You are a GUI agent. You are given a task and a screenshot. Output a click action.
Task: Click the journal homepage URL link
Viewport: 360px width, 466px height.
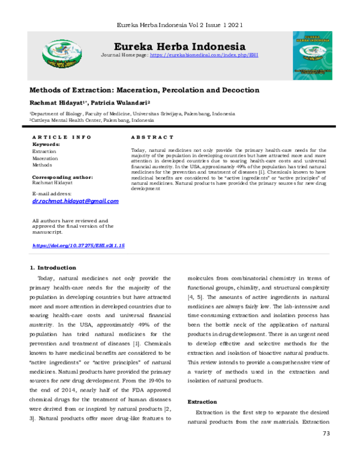coord(203,55)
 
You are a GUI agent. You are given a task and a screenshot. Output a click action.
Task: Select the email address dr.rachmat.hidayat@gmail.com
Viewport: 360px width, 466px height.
coord(75,201)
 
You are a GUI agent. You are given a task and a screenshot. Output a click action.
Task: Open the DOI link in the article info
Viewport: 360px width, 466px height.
coord(78,246)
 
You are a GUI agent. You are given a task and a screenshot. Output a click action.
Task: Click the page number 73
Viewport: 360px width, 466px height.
coord(326,433)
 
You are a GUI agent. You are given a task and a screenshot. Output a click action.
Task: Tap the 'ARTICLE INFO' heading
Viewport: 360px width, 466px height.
coord(62,138)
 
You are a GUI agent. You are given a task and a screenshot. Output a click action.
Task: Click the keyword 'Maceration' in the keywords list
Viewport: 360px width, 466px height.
coord(46,158)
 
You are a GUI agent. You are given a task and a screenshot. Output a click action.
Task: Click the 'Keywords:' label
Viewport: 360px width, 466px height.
coord(46,145)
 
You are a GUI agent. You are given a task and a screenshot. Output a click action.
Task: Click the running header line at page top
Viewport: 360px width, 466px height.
coord(179,25)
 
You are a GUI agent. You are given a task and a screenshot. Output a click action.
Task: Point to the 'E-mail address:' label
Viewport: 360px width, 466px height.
coord(52,193)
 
